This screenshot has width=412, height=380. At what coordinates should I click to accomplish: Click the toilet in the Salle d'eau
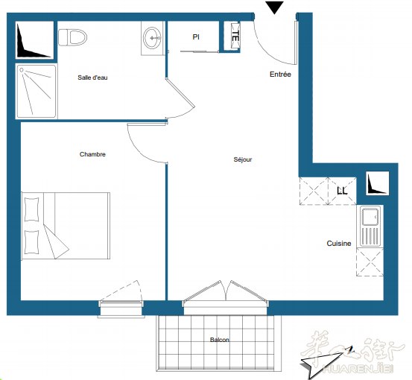[x=72, y=37]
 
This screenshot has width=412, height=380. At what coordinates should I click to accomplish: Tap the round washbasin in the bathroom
[x=153, y=38]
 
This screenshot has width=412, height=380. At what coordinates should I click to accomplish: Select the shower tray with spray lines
[x=37, y=91]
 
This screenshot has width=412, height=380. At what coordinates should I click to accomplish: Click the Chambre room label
[x=92, y=154]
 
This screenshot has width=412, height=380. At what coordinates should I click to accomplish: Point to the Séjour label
[x=243, y=159]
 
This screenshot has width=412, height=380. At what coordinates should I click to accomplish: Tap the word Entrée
[x=280, y=75]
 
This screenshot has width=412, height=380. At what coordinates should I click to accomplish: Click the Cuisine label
[x=339, y=244]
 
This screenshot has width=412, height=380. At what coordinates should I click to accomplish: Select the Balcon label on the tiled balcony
[x=219, y=340]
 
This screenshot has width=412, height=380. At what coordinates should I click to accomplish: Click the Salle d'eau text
[x=92, y=77]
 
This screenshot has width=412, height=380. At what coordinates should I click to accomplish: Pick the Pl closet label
[x=196, y=37]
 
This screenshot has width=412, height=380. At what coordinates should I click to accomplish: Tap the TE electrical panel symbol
[x=235, y=36]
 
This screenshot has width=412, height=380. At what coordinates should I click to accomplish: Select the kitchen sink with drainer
[x=370, y=227]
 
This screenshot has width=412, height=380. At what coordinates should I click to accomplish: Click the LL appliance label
[x=342, y=191]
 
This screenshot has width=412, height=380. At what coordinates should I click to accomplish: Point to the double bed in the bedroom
[x=66, y=226]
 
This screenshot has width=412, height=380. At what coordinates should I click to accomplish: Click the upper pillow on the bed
[x=31, y=209]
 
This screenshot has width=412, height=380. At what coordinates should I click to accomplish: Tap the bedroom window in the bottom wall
[x=121, y=308]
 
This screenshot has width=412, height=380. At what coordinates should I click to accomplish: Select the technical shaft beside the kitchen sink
[x=377, y=183]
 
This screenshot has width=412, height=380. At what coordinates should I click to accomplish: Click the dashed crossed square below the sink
[x=370, y=262]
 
